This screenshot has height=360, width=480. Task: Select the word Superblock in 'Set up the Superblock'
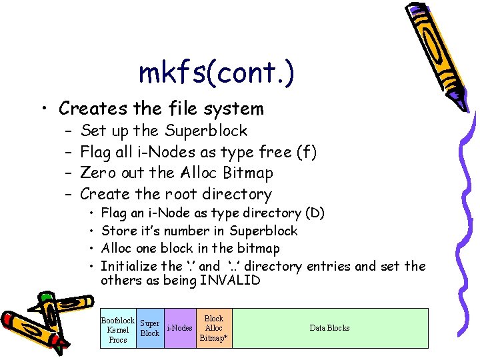pyautogui.click(x=207, y=131)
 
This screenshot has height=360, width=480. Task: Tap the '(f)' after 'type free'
pyautogui.click(x=306, y=152)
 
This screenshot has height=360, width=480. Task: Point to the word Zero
pyautogui.click(x=96, y=173)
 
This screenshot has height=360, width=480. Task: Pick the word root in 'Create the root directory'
pyautogui.click(x=179, y=195)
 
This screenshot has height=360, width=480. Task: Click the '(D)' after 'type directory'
pyautogui.click(x=314, y=213)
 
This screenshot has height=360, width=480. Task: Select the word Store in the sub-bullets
pyautogui.click(x=117, y=231)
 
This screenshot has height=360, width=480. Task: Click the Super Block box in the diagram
pyautogui.click(x=150, y=328)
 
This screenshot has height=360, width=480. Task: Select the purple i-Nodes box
pyautogui.click(x=179, y=328)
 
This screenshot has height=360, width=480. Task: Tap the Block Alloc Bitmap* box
pyautogui.click(x=214, y=328)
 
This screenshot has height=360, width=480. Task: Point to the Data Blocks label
pyautogui.click(x=329, y=328)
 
